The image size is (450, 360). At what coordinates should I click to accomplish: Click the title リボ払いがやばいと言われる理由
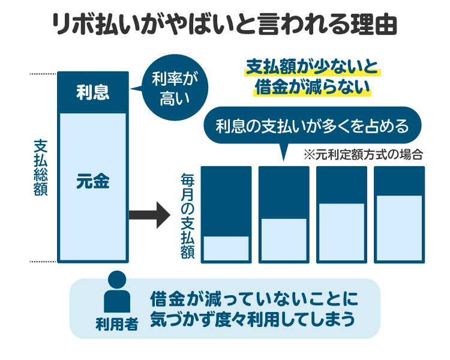[x=224, y=27]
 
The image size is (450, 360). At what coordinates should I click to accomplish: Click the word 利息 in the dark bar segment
[x=92, y=92]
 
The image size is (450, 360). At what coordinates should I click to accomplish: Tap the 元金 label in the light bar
[x=92, y=181]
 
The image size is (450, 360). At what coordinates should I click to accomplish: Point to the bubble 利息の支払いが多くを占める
[x=312, y=127]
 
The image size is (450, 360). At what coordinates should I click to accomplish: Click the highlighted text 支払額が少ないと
[x=313, y=67]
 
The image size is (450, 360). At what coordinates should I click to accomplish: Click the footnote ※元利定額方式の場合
[x=364, y=154]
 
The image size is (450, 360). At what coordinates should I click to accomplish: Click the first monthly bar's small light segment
[x=226, y=248]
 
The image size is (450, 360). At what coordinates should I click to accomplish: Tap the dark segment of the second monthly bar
[x=284, y=193]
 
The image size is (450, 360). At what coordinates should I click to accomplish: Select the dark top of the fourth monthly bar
[x=399, y=181]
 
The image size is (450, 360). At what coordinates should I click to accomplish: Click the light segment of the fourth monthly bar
[x=399, y=228]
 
